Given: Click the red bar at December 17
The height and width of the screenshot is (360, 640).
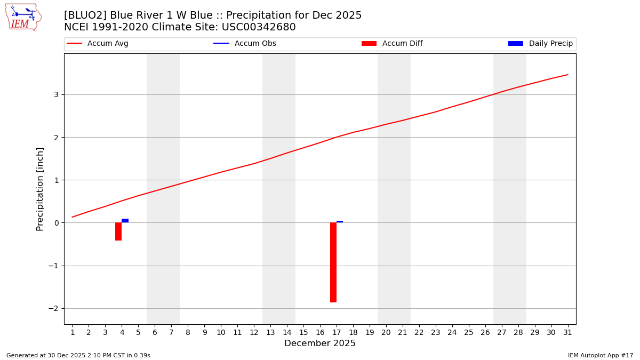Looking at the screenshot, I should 333,262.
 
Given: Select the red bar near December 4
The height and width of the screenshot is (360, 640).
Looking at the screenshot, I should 118,231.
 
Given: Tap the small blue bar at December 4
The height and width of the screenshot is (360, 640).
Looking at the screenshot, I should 125,220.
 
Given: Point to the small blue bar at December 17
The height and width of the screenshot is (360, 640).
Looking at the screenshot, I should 340,221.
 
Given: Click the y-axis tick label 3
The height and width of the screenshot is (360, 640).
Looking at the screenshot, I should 55,94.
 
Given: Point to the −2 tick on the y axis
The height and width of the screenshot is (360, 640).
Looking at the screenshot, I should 53,308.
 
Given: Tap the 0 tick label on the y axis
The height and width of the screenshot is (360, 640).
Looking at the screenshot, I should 55,223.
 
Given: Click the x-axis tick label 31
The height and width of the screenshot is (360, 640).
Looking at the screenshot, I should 567,333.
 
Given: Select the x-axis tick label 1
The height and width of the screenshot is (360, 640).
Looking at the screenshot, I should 73,333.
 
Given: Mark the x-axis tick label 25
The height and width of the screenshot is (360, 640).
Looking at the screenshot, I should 468,333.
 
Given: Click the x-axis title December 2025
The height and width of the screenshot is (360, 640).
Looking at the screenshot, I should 320,343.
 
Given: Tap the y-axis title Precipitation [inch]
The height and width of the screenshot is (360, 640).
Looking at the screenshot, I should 40,189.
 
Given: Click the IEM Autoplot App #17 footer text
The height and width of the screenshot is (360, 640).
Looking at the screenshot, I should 601,355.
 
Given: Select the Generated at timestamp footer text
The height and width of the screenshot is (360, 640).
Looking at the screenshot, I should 78,355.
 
